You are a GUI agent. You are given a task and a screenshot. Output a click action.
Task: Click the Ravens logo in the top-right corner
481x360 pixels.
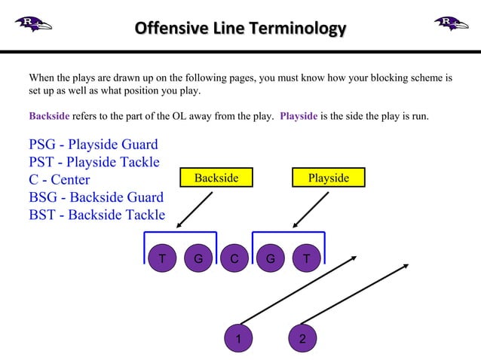tap(451, 23)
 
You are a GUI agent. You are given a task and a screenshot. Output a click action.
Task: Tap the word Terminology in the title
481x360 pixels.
tap(299, 29)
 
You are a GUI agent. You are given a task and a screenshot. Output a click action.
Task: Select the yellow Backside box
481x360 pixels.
tap(216, 178)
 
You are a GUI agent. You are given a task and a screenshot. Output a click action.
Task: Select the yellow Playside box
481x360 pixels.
tap(329, 178)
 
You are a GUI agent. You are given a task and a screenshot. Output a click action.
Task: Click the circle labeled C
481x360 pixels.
tap(234, 259)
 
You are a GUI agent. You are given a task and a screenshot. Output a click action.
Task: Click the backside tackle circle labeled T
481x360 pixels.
tap(162, 259)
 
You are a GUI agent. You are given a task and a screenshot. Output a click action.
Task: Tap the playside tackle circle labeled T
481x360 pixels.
tap(306, 259)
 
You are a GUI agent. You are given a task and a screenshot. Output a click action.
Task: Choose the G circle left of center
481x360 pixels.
tap(198, 259)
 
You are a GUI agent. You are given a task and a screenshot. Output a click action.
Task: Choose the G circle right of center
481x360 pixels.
tap(270, 259)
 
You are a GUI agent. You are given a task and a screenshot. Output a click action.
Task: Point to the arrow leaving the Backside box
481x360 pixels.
tap(195, 209)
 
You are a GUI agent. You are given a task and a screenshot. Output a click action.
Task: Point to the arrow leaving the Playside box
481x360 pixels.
tap(311, 209)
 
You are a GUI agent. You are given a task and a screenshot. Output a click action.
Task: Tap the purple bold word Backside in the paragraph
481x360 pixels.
tap(49, 117)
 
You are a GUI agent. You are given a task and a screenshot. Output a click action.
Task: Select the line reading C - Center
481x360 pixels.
tap(60, 180)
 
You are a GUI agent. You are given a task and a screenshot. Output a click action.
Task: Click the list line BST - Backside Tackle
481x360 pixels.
tap(97, 215)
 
